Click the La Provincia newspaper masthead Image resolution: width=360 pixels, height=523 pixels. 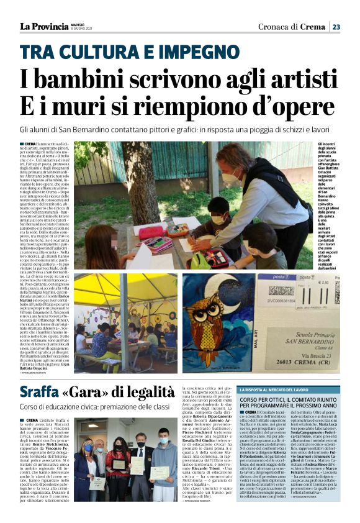(43, 26)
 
